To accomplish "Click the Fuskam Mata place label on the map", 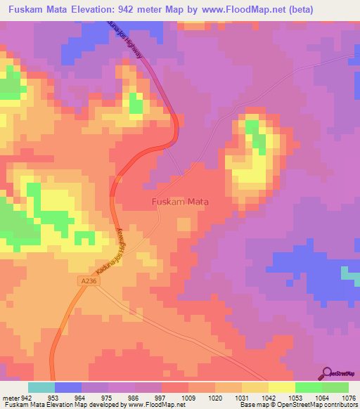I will [181, 201].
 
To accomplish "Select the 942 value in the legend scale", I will [27, 398].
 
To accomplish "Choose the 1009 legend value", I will [188, 398].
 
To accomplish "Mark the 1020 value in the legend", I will [215, 398].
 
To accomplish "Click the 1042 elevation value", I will [269, 398].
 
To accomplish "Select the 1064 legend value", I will [322, 398].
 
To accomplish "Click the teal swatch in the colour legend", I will [41, 387].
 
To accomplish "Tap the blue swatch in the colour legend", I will [68, 387].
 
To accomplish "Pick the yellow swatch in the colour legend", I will [282, 387].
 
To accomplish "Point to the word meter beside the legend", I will [11, 398].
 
